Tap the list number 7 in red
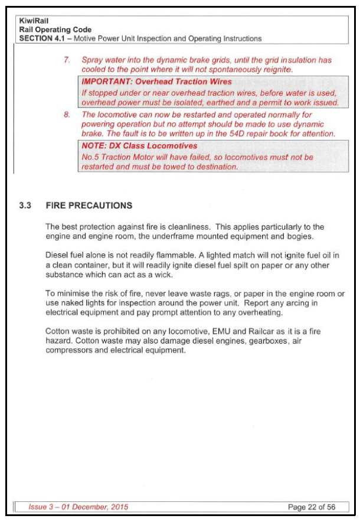coord(67,60)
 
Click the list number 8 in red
coord(67,115)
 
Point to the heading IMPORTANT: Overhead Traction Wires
coord(156,82)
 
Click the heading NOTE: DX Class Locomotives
coord(139,146)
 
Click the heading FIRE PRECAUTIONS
coord(89,205)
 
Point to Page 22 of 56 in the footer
coord(312,507)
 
